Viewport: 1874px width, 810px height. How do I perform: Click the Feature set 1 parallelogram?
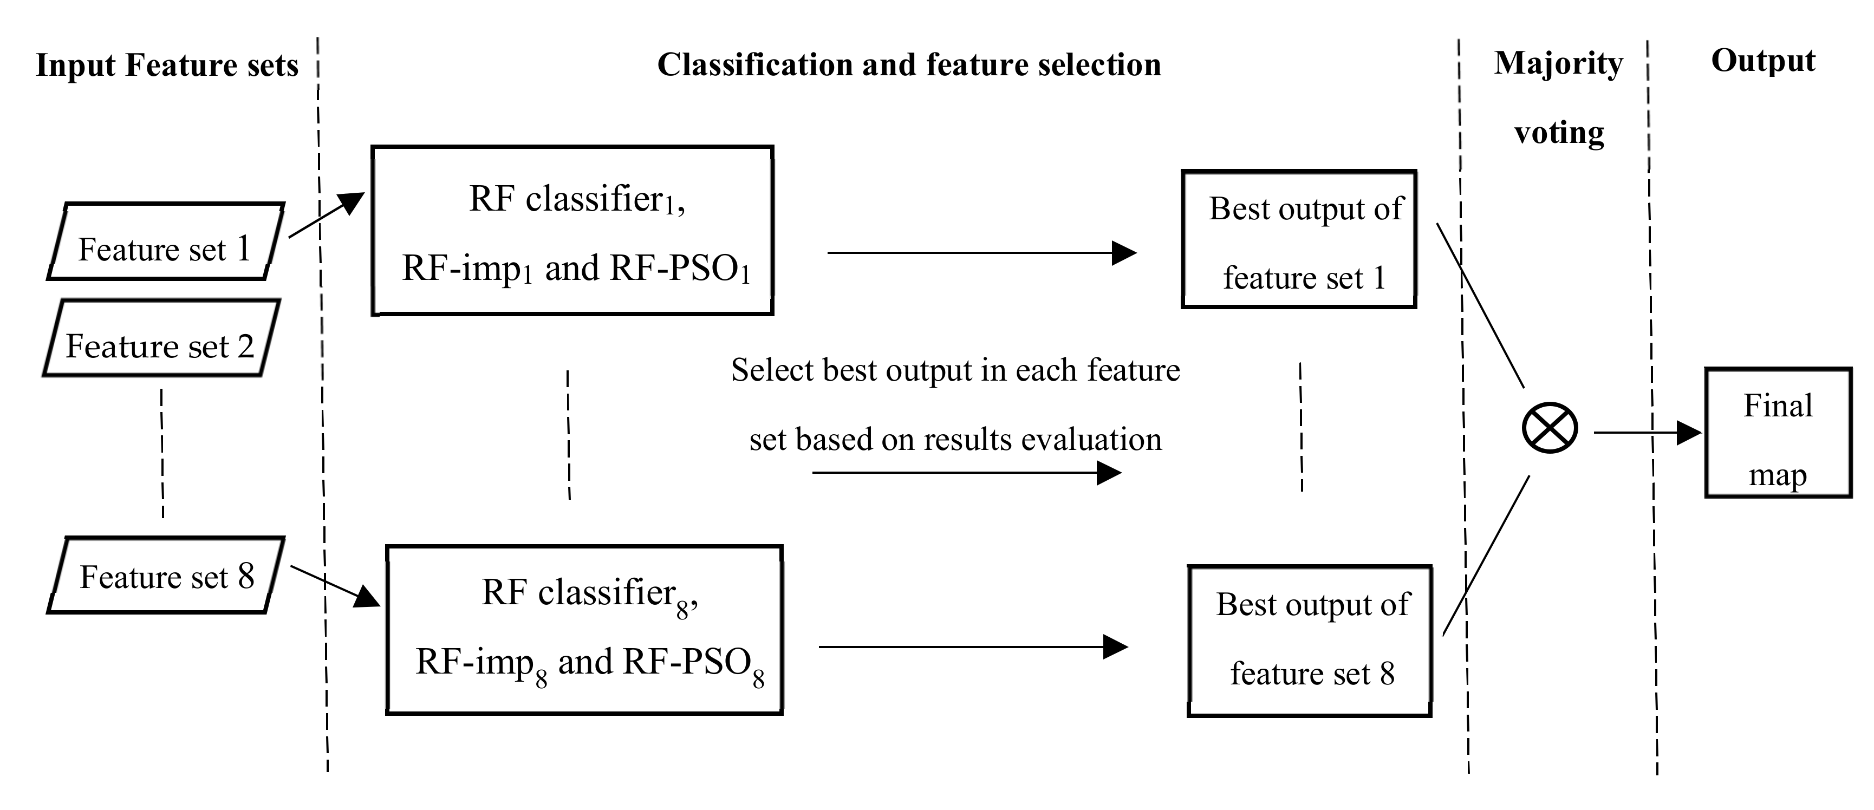click(x=165, y=242)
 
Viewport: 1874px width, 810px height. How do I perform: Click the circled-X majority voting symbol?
click(x=1550, y=428)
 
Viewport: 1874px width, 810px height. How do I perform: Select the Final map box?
click(x=1778, y=433)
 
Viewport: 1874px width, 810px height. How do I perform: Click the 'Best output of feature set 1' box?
click(x=1299, y=240)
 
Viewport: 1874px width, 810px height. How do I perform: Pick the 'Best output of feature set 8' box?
click(x=1310, y=641)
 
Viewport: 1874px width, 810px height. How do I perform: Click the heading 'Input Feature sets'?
click(x=167, y=66)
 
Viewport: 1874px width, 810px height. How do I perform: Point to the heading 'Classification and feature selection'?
click(x=909, y=65)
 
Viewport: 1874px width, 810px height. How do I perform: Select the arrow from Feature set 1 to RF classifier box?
click(x=326, y=215)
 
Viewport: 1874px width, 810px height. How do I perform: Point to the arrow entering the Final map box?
click(x=1647, y=433)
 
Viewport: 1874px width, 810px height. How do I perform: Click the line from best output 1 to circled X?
click(x=1480, y=305)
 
